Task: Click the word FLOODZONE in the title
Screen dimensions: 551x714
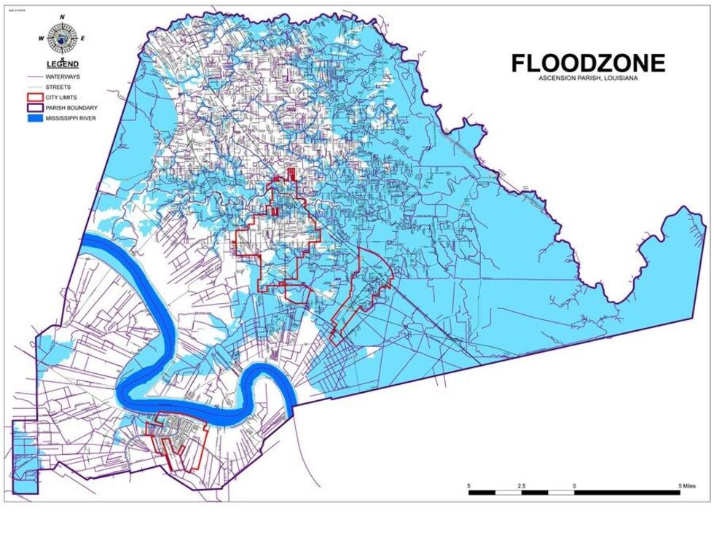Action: click(587, 63)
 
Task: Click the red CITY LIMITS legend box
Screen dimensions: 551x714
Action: click(34, 97)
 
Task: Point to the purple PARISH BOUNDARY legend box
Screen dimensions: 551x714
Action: click(34, 107)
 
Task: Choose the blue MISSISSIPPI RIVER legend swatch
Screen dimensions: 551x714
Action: click(34, 117)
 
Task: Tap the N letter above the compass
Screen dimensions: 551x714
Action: click(63, 17)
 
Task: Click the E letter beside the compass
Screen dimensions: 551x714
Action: click(83, 38)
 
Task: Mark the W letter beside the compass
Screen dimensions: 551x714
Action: click(42, 38)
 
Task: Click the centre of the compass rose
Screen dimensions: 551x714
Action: click(62, 38)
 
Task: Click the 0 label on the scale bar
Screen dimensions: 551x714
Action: click(574, 485)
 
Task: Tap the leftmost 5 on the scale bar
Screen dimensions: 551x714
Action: click(469, 485)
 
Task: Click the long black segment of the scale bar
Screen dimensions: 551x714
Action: click(627, 492)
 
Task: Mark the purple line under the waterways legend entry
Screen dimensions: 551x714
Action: click(34, 76)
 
